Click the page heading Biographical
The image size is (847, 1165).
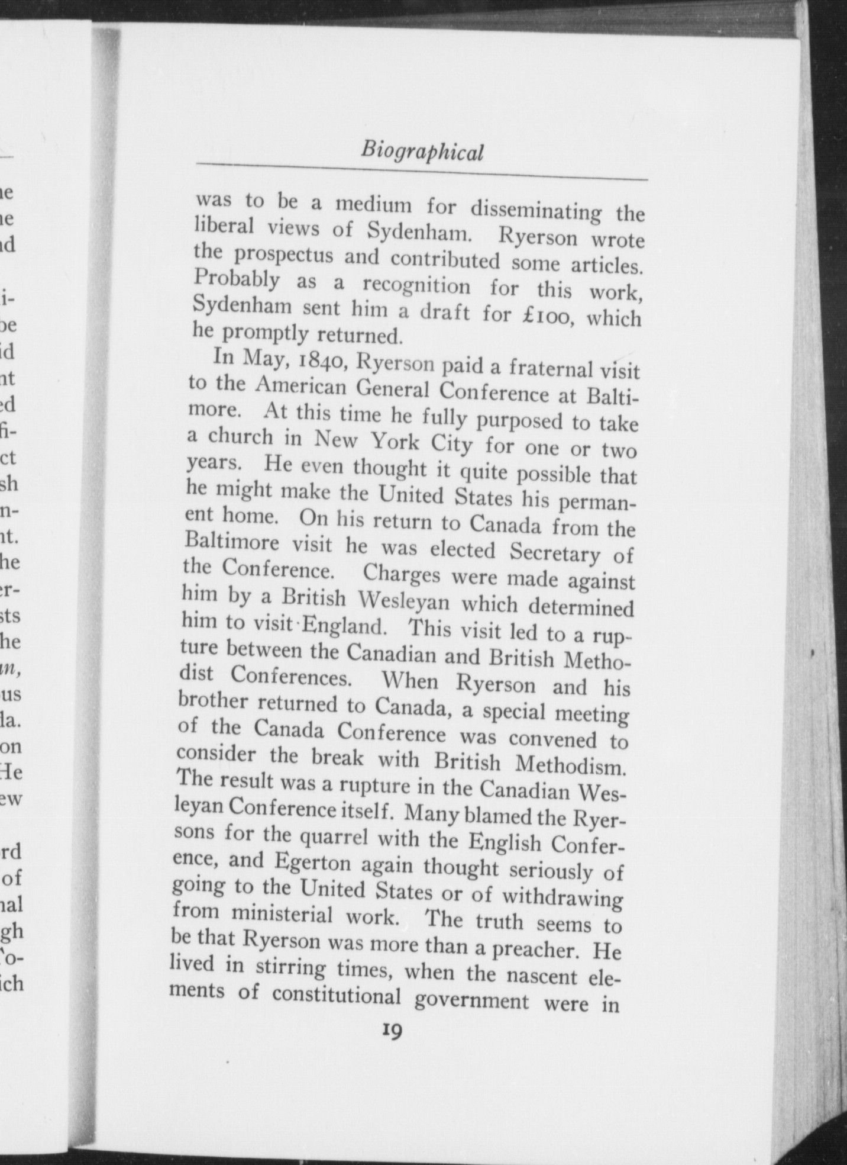pyautogui.click(x=422, y=152)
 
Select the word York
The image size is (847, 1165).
pyautogui.click(x=395, y=440)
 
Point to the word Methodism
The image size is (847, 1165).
pyautogui.click(x=570, y=765)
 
